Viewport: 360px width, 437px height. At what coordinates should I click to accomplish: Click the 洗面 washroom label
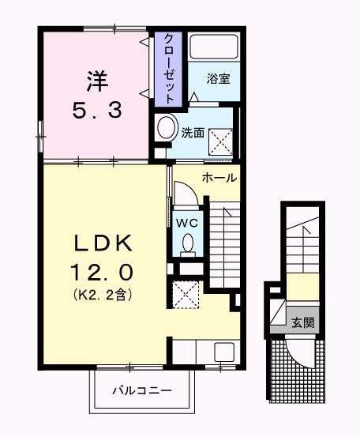coord(193,133)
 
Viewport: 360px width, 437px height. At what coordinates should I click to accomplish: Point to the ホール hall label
coord(219,178)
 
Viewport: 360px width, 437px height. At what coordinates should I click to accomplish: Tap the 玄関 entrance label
coord(302,322)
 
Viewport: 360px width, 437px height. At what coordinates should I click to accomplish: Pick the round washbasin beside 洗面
coord(166,128)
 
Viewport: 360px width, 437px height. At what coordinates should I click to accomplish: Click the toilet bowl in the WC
coord(188,248)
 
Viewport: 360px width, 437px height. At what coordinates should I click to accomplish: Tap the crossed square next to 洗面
coord(220,140)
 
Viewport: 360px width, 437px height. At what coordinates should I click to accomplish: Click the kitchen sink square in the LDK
coord(222,352)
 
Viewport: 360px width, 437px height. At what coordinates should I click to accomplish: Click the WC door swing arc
coord(183,194)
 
